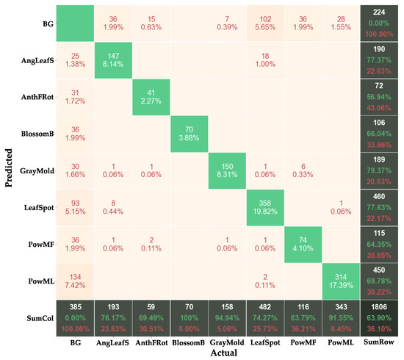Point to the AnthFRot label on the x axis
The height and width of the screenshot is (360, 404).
pyautogui.click(x=150, y=342)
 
